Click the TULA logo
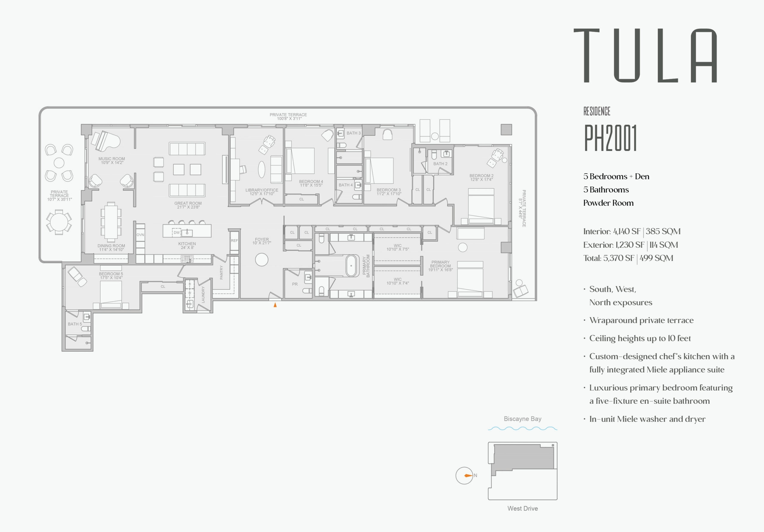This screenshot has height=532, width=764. coord(645,55)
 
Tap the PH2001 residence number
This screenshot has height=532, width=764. coord(610,138)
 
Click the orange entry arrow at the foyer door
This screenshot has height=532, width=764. coord(275,305)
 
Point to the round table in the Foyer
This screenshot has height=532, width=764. coord(261,260)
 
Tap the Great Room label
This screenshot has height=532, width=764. coord(188,205)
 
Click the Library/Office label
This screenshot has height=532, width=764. coord(262,192)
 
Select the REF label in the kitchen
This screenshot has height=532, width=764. coord(234,240)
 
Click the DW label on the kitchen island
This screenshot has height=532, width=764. coord(176,232)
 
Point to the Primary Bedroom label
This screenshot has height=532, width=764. coord(440,266)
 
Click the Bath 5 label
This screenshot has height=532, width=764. coord(75,324)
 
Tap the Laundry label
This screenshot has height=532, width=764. coord(203,294)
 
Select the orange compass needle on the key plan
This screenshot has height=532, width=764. coord(468,475)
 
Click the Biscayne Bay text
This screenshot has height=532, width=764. coord(523,419)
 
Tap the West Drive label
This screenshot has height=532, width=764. coord(523,508)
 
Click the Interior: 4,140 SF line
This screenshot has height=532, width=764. coord(631,232)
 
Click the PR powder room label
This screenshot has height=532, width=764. coord(295,284)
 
